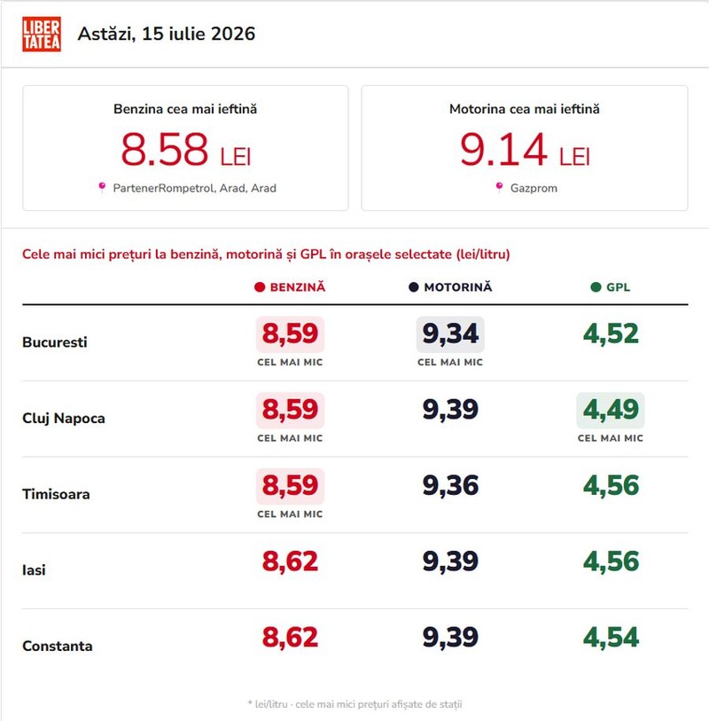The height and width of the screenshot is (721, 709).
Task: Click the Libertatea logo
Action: click(x=42, y=35)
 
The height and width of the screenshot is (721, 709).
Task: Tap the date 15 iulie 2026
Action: click(x=199, y=34)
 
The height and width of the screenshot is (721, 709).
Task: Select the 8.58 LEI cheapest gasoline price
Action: click(x=185, y=149)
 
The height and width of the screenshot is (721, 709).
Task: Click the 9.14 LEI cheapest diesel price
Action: click(x=525, y=149)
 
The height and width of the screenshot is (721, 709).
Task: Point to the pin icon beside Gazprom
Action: click(x=499, y=187)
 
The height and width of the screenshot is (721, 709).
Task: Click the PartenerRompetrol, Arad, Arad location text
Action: click(x=194, y=188)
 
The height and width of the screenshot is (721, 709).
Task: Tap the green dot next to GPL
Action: click(x=596, y=287)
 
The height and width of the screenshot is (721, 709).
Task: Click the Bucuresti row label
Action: click(x=55, y=342)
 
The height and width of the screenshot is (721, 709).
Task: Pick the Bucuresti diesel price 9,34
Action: click(x=450, y=333)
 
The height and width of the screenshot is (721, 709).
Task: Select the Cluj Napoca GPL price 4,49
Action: click(x=611, y=410)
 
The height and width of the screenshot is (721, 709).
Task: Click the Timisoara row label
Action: click(x=56, y=494)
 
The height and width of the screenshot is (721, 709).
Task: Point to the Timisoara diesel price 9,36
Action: click(x=450, y=486)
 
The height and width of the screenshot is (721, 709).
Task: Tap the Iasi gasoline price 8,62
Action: click(x=290, y=561)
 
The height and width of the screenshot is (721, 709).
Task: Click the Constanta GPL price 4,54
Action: click(x=611, y=638)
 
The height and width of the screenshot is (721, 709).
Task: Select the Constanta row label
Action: click(x=58, y=646)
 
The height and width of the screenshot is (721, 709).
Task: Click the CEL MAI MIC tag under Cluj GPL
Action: click(x=611, y=438)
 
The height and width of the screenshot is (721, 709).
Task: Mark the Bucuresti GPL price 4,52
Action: click(x=611, y=333)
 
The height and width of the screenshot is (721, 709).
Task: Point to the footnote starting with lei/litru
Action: click(x=354, y=704)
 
